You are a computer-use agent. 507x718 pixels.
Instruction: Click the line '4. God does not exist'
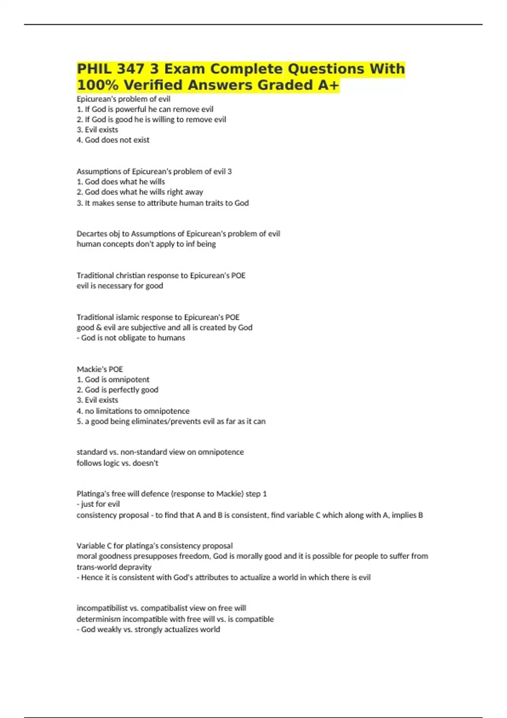[x=113, y=140]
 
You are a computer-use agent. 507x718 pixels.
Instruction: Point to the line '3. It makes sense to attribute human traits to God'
[x=163, y=203]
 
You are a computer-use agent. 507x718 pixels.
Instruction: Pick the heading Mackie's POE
[x=100, y=369]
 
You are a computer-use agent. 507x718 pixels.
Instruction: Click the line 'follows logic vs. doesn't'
[x=117, y=463]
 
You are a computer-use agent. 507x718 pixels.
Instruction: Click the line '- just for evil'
[x=98, y=504]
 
